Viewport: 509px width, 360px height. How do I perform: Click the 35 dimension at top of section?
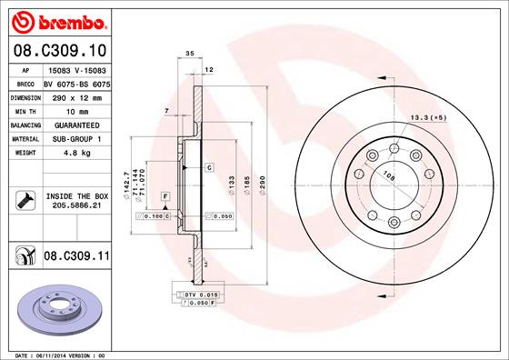click(190, 55)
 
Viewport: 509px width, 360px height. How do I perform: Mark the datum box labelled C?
click(208, 167)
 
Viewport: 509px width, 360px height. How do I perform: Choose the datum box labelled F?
click(166, 196)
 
